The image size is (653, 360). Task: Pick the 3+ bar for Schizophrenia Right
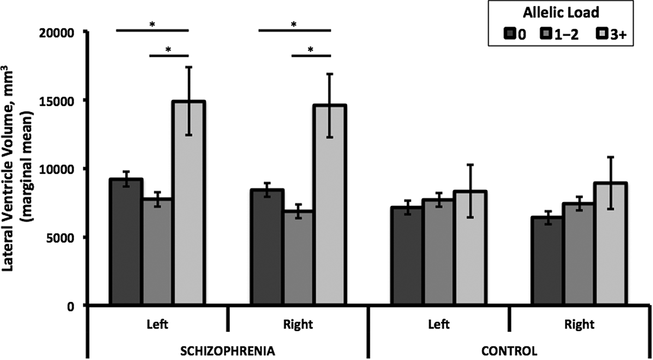[330, 205]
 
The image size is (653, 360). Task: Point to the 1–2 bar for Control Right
[580, 254]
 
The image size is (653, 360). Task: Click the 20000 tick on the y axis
[63, 33]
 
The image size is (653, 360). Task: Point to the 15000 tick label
[63, 101]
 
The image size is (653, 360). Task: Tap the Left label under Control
[438, 325]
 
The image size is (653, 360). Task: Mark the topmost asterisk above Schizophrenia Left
[152, 24]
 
